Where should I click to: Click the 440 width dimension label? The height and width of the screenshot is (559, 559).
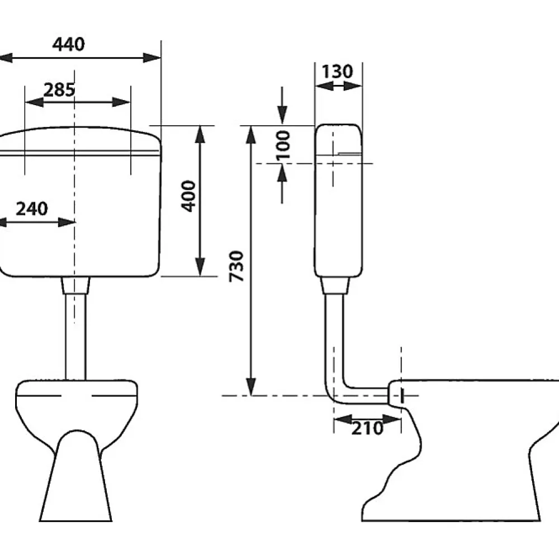point(68,44)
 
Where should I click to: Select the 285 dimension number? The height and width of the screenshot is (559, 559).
point(59,89)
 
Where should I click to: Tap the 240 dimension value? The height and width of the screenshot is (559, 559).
point(32,209)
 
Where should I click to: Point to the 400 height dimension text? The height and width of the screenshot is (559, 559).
point(188,196)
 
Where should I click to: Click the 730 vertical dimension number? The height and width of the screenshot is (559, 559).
point(236,266)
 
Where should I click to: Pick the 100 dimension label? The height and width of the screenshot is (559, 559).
point(283,145)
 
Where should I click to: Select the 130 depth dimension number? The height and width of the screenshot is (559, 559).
point(337,72)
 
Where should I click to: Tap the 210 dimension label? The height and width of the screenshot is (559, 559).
point(368,428)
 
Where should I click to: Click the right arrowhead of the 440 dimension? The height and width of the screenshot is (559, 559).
point(152,58)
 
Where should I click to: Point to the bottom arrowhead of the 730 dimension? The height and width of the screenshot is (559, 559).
point(252,386)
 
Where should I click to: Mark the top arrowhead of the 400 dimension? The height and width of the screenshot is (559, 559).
point(200,134)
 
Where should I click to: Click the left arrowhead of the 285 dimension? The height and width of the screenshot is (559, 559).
point(34,102)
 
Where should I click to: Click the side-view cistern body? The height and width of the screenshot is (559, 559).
point(338,201)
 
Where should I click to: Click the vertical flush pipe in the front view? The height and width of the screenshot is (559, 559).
point(75,337)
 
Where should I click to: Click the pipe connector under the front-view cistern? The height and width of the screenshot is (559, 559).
point(75,286)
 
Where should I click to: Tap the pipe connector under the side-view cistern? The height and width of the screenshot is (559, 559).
point(334,286)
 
